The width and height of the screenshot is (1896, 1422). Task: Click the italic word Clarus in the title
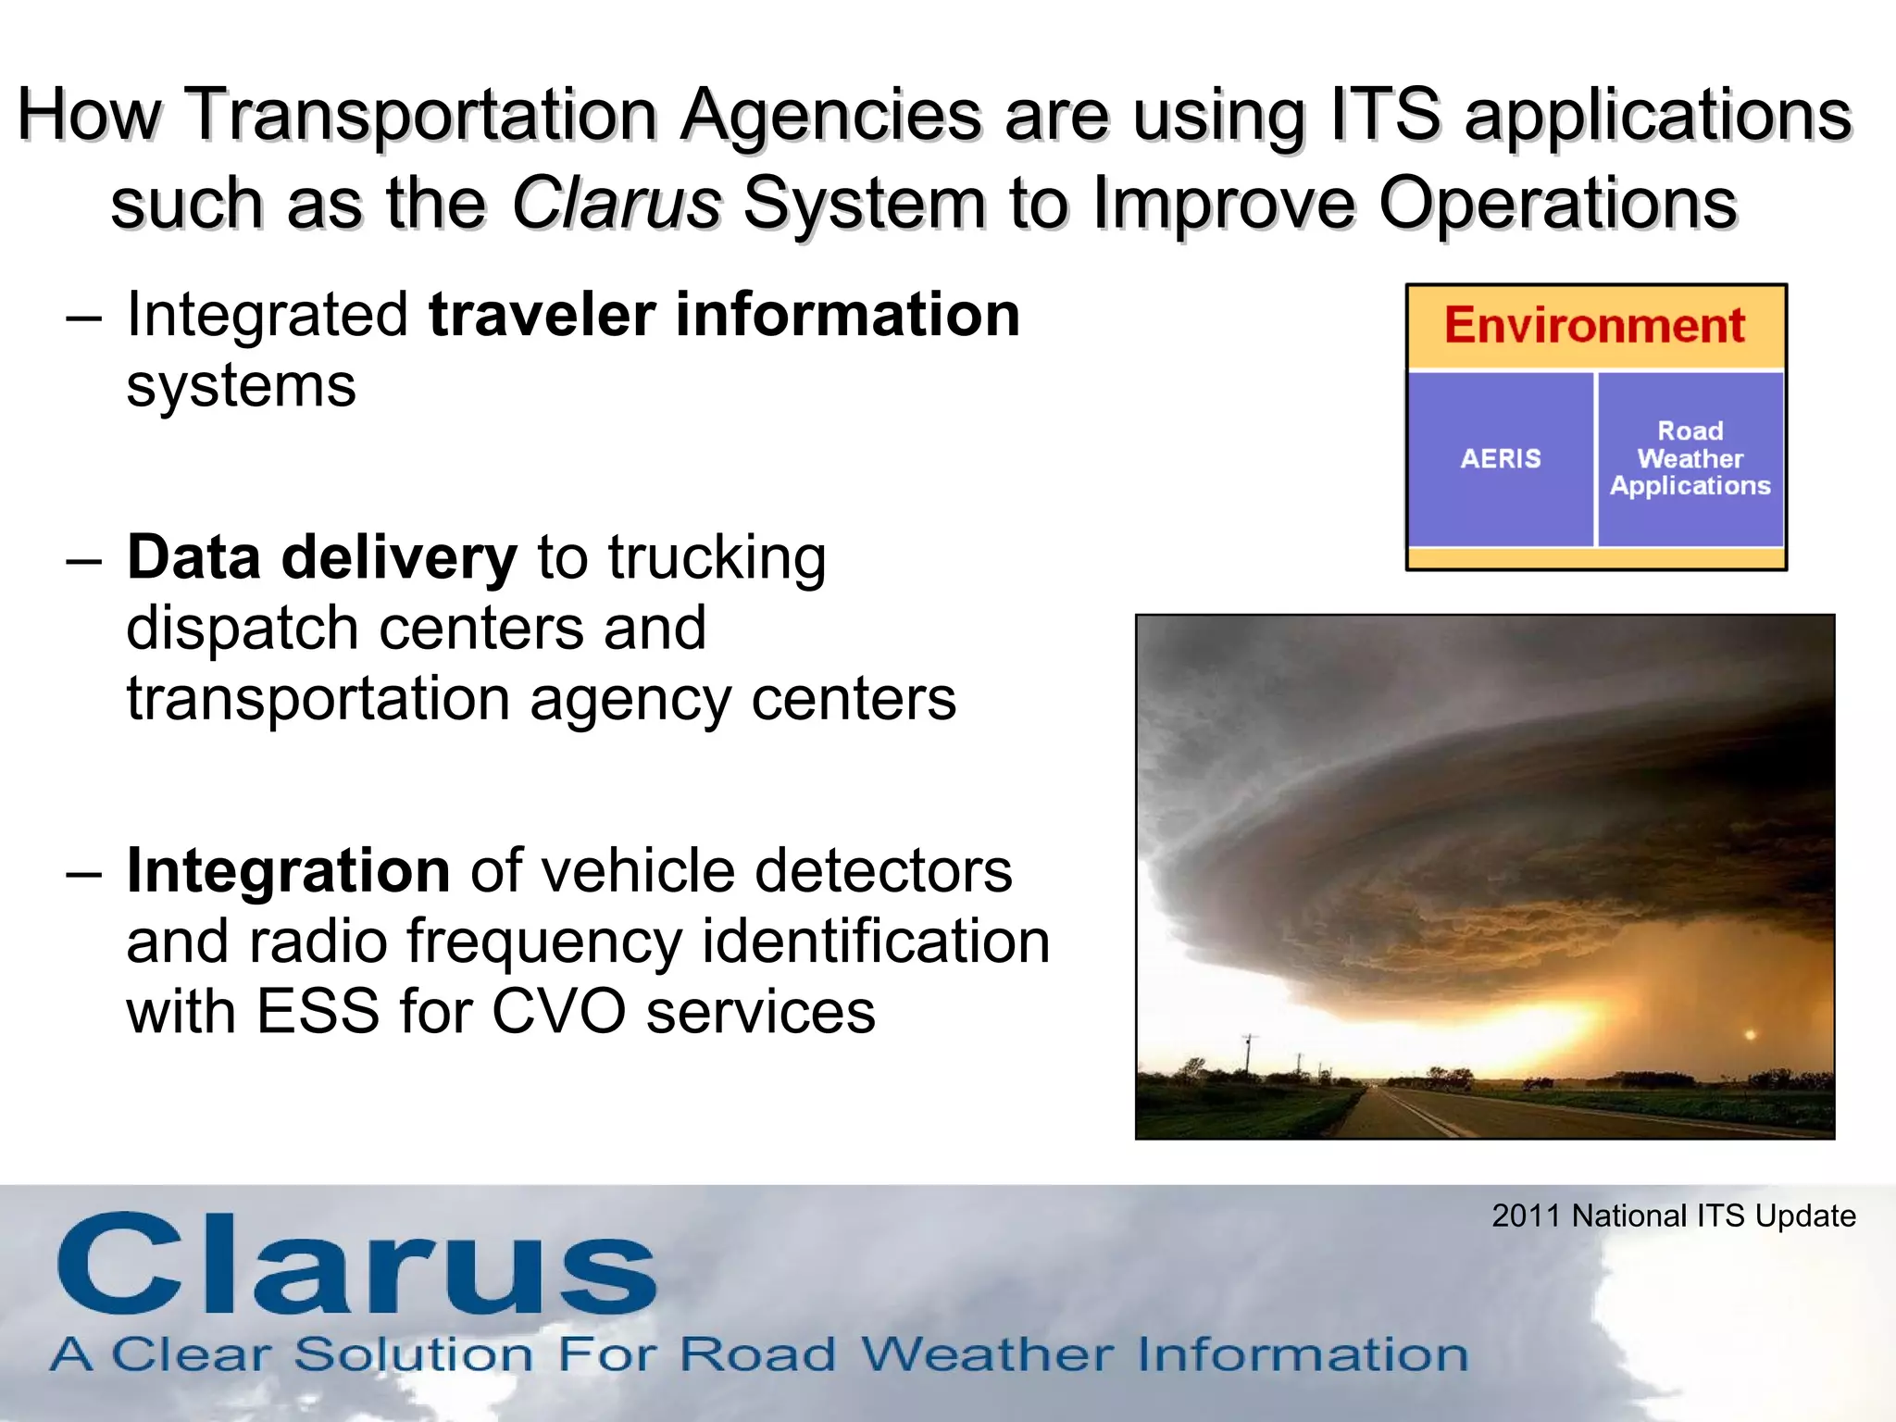coord(616,203)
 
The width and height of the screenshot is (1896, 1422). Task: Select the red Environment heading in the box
coord(1594,326)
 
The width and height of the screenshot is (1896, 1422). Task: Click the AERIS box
coord(1500,459)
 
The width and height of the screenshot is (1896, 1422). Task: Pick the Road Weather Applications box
coord(1690,459)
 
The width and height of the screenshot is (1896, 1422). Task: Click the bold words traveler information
coord(724,315)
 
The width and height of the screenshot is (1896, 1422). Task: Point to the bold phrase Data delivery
coord(321,558)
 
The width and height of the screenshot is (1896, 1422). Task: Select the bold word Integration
coord(288,871)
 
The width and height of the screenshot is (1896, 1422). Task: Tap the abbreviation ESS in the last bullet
coord(318,1011)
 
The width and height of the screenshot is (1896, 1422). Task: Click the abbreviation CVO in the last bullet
coord(558,1011)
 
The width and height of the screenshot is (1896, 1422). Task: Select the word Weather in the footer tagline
coord(987,1354)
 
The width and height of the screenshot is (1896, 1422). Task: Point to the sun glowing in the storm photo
coord(1749,1034)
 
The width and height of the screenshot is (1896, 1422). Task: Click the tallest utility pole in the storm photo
coord(1250,1055)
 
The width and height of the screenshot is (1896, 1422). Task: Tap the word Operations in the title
coord(1557,203)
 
